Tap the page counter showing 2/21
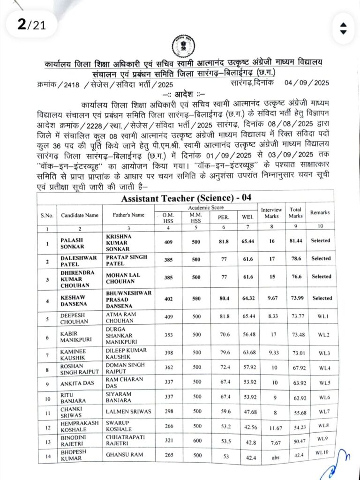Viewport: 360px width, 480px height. pyautogui.click(x=31, y=24)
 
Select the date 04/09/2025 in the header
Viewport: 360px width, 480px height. pyautogui.click(x=307, y=82)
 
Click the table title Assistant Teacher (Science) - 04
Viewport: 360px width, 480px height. pyautogui.click(x=186, y=198)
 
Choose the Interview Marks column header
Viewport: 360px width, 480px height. pyautogui.click(x=271, y=213)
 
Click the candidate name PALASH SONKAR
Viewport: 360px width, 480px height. pyautogui.click(x=73, y=244)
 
